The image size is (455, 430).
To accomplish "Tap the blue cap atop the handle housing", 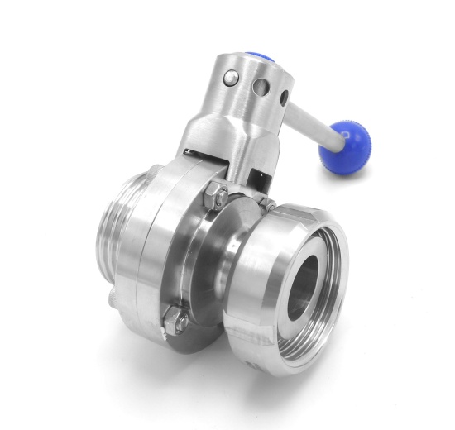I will [x=259, y=60].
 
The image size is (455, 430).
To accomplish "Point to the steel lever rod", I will [x=309, y=122].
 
